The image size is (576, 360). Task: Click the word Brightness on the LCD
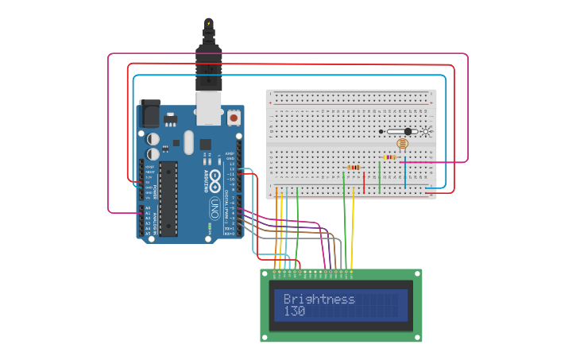click(319, 300)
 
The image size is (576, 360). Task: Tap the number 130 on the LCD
click(294, 312)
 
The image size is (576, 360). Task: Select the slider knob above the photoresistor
click(408, 131)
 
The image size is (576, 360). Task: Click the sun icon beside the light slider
click(427, 131)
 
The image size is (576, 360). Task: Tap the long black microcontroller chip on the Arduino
click(168, 199)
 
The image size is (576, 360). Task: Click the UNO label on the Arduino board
click(214, 208)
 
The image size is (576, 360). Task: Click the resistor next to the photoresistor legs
click(389, 157)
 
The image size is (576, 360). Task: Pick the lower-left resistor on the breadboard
click(354, 168)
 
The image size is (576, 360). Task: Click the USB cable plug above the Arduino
click(208, 68)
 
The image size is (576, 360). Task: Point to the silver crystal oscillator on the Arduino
click(187, 142)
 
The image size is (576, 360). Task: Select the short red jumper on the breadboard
click(364, 182)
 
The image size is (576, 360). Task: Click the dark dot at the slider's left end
click(381, 131)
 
